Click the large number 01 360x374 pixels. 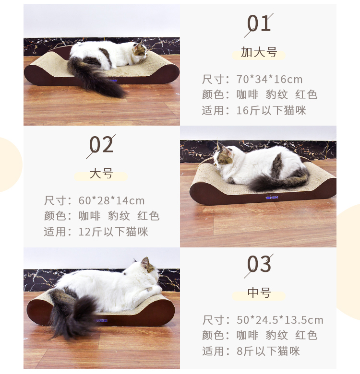[x=259, y=23]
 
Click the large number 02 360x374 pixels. [x=101, y=145]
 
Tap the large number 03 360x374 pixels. [x=259, y=264]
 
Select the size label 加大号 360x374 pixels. [x=259, y=52]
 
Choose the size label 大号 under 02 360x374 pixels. [x=101, y=174]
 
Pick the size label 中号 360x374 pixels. [x=259, y=292]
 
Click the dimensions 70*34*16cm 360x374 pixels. [x=269, y=80]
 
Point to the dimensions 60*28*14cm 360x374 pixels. [x=111, y=201]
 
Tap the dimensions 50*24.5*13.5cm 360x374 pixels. [x=280, y=320]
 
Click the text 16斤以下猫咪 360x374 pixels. [x=271, y=110]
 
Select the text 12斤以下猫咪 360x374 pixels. [x=113, y=232]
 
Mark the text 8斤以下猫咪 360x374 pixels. [x=268, y=351]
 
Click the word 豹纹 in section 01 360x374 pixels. [x=276, y=94]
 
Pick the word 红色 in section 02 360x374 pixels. [x=148, y=216]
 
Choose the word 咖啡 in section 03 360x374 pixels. [x=248, y=335]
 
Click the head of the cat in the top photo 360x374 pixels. [x=140, y=50]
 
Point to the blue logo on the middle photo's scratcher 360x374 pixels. [x=272, y=198]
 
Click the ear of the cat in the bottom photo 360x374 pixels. [x=145, y=262]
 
